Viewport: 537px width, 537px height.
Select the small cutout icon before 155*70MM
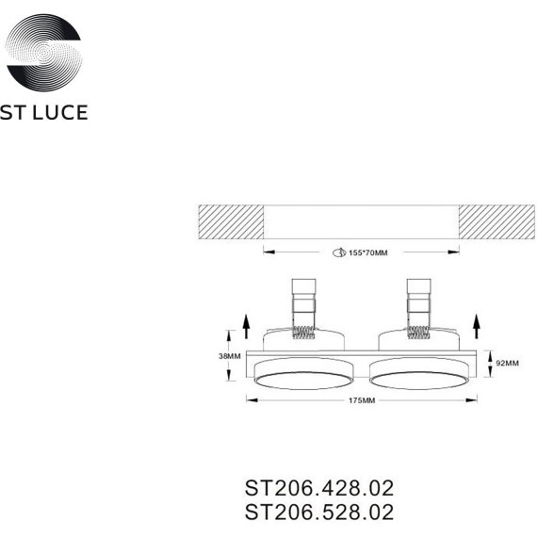[x=337, y=252]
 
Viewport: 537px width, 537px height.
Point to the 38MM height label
[x=215, y=358]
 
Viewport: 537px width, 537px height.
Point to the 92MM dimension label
[x=507, y=362]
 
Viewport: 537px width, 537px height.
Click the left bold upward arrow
[x=246, y=327]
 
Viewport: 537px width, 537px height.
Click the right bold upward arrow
[x=476, y=327]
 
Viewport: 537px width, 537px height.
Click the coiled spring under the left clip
[x=304, y=330]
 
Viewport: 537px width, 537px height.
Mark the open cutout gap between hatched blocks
[x=361, y=222]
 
